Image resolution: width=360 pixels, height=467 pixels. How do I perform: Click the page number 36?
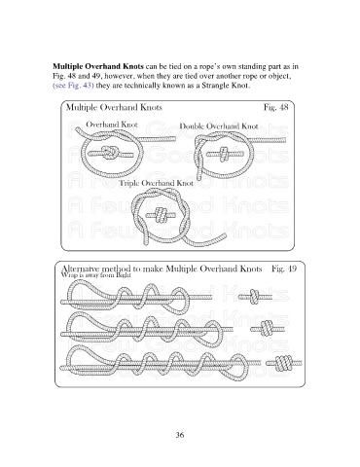(180, 435)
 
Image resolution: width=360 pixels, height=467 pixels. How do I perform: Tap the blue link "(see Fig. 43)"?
(73, 86)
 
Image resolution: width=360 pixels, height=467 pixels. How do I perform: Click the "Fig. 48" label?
(275, 107)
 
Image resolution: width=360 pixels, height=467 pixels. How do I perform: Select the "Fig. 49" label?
(284, 269)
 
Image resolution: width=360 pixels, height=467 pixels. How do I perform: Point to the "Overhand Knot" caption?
(112, 125)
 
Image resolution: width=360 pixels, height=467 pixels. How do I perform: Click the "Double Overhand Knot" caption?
(219, 126)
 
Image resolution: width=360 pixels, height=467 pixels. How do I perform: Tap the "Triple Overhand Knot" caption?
(157, 183)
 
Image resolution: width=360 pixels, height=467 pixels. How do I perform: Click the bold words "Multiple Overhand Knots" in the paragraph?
(98, 66)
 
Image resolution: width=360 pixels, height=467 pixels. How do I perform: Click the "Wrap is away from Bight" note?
(96, 274)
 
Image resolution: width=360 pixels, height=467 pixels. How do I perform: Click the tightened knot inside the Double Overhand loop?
(224, 154)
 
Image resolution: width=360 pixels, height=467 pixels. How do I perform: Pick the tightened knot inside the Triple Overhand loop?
(160, 215)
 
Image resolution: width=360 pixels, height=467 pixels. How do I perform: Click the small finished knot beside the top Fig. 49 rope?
(255, 297)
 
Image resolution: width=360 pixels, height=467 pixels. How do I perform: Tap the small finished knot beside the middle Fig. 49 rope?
(267, 329)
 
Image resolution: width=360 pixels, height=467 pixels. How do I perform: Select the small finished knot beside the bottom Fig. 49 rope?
(283, 363)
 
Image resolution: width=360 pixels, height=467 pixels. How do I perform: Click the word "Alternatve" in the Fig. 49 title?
(81, 269)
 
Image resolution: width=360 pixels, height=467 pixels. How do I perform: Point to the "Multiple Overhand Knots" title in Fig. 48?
(114, 107)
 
